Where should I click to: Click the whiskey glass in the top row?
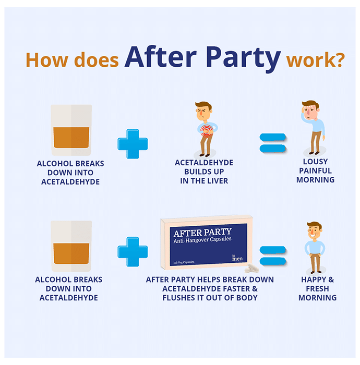71,130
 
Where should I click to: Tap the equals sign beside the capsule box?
273,254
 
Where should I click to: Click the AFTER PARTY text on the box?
201,232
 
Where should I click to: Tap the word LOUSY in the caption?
315,162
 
